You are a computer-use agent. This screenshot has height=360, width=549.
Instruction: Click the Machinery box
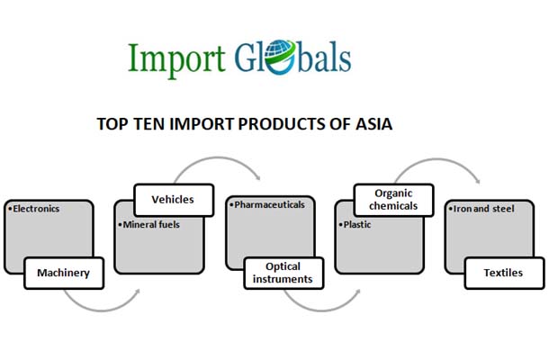coord(64,273)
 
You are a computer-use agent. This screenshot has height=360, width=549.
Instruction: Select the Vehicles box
coord(173,199)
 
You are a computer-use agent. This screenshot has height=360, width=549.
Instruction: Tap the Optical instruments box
coord(283,273)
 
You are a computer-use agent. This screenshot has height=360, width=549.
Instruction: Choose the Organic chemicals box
coord(392,199)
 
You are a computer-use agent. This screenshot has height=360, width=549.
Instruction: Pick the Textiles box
coord(504,273)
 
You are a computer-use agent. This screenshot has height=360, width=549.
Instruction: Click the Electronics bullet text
coord(34,209)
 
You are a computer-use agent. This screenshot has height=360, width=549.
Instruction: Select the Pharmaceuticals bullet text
coord(267,205)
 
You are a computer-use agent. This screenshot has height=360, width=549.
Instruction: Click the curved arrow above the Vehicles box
coord(216,166)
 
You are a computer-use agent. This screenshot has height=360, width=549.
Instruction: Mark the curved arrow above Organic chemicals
coord(436,166)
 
